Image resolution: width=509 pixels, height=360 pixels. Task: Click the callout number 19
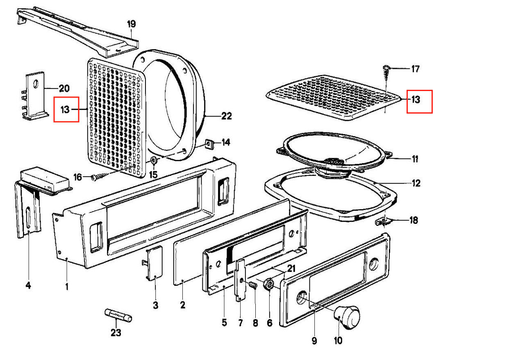pyautogui.click(x=131, y=24)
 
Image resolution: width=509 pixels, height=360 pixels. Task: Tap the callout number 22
pyautogui.click(x=226, y=116)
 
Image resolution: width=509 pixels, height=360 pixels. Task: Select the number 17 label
pyautogui.click(x=415, y=68)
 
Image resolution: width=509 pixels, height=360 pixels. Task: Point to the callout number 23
pyautogui.click(x=116, y=333)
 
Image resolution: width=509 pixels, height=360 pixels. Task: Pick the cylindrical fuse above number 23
pyautogui.click(x=118, y=316)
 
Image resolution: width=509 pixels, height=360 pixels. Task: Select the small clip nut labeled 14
pyautogui.click(x=209, y=144)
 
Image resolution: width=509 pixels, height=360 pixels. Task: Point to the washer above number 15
pyautogui.click(x=153, y=160)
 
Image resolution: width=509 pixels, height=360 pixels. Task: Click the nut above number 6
pyautogui.click(x=270, y=283)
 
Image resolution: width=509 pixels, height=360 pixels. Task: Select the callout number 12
pyautogui.click(x=416, y=183)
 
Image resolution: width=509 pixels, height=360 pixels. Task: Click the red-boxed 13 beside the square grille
pyautogui.click(x=66, y=110)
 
